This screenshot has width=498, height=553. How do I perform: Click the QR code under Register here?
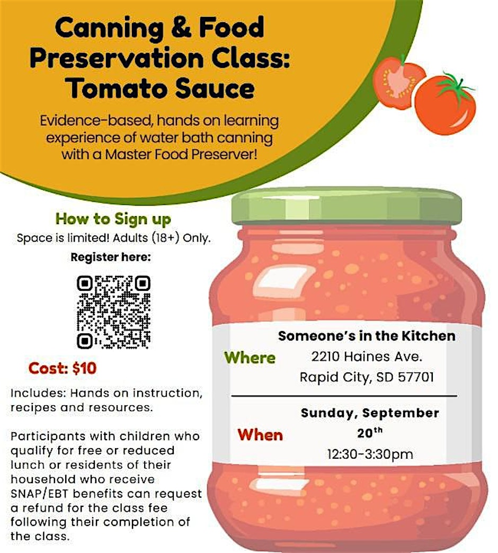(113, 312)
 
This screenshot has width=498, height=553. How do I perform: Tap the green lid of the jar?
(346, 207)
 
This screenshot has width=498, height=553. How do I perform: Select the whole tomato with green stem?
(446, 103)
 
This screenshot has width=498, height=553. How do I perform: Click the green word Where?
(250, 358)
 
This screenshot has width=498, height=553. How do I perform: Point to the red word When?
(260, 435)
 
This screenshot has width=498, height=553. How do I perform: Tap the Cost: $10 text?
(63, 368)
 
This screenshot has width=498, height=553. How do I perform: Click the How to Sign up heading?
(113, 219)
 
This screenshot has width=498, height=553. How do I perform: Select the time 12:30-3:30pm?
(370, 454)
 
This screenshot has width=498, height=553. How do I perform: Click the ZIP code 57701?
(416, 377)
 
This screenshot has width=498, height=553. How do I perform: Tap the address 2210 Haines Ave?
(367, 356)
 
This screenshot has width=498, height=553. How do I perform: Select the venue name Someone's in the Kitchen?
(367, 336)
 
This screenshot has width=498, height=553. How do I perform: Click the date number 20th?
(370, 432)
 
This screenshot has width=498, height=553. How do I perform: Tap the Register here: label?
(111, 257)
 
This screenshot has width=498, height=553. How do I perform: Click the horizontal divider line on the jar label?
(344, 396)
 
